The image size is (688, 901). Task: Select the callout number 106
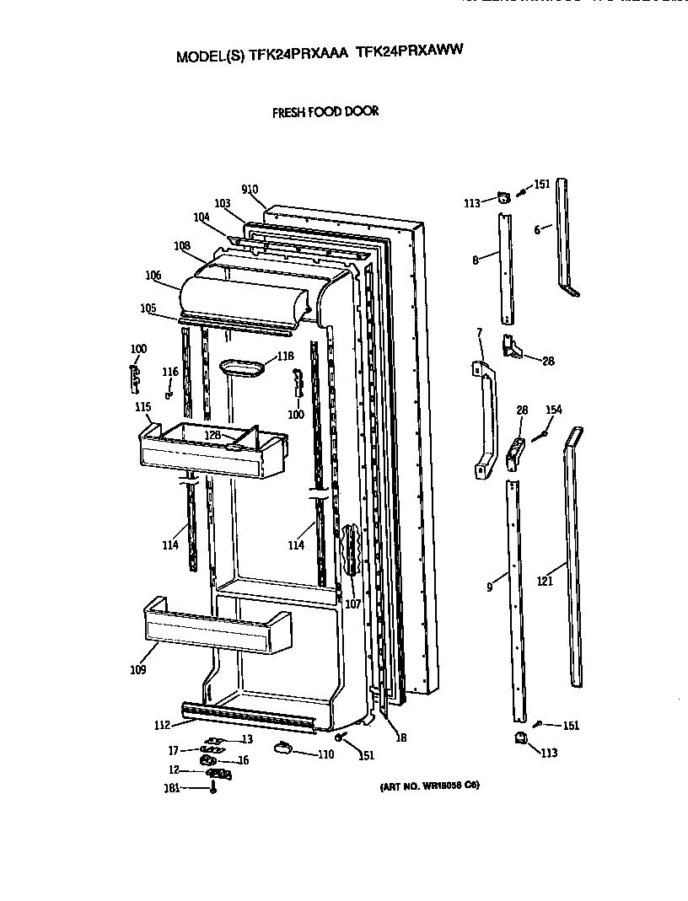153,275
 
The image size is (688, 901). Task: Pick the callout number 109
137,670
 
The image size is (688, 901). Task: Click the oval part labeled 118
242,367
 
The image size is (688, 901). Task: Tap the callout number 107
352,603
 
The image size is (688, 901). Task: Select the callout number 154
553,410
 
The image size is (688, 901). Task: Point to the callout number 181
171,789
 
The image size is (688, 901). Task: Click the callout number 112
162,725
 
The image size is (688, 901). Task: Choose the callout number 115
142,406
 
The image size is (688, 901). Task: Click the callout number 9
490,587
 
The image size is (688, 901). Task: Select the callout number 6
537,228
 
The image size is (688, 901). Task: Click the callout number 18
401,737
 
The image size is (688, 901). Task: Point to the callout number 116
170,372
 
